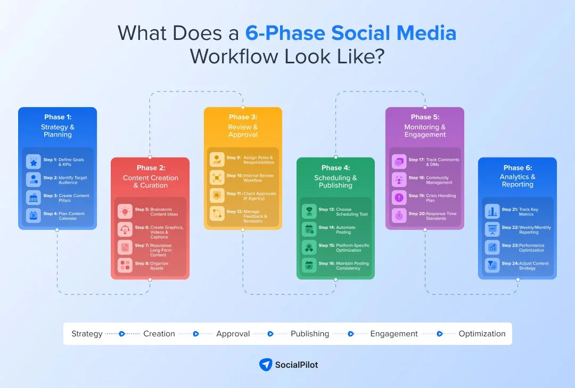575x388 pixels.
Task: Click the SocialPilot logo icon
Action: pos(266,365)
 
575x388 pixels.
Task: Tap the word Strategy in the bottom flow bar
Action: pos(87,334)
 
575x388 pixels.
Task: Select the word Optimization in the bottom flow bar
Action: pos(482,334)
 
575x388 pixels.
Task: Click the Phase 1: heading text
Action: pos(57,117)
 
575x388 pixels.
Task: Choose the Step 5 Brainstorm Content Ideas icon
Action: pos(126,212)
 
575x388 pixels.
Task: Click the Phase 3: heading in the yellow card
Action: pos(243,117)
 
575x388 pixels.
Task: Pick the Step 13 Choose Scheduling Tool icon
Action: pos(309,212)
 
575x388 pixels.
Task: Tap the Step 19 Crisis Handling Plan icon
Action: pos(399,197)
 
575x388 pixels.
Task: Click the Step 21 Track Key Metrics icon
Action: pos(492,212)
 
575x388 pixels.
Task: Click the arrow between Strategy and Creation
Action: pos(122,334)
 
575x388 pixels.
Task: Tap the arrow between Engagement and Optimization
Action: pos(439,334)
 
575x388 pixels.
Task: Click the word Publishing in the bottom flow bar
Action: pos(310,334)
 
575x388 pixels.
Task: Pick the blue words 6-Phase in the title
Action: pos(285,33)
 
